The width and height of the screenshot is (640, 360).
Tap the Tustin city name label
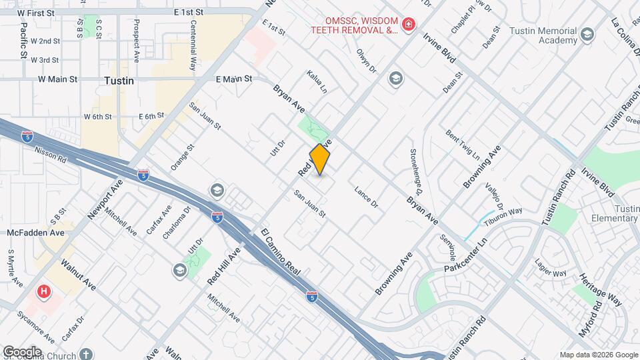click(x=119, y=81)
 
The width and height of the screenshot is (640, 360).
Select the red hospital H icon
click(x=44, y=291)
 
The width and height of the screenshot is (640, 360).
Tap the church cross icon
click(x=86, y=353)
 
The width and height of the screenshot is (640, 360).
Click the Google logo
click(x=22, y=352)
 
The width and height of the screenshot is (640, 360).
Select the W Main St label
click(x=58, y=79)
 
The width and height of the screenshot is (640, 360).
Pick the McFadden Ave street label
click(x=36, y=233)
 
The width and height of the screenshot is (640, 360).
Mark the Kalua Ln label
click(x=317, y=81)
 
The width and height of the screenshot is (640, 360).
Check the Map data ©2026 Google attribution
click(x=599, y=355)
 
